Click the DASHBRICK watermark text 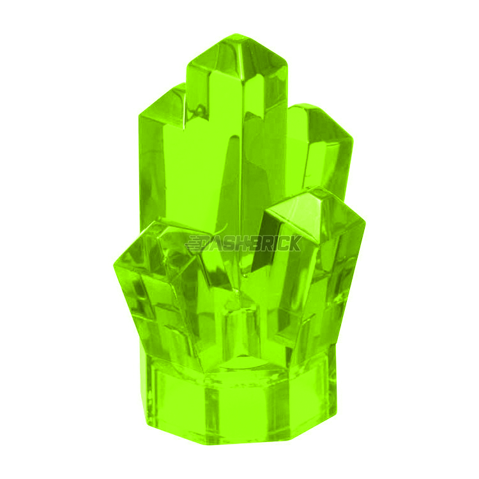[x=243, y=245]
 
